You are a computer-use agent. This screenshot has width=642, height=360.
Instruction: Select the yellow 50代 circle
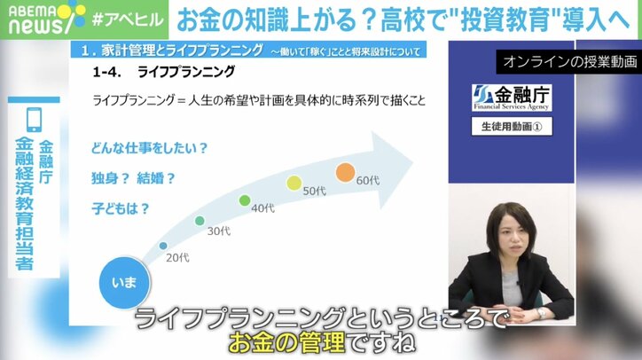[294, 184]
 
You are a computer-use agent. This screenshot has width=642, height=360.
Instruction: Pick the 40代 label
[262, 208]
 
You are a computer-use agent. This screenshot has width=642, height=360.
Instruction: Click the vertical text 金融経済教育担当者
[25, 204]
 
